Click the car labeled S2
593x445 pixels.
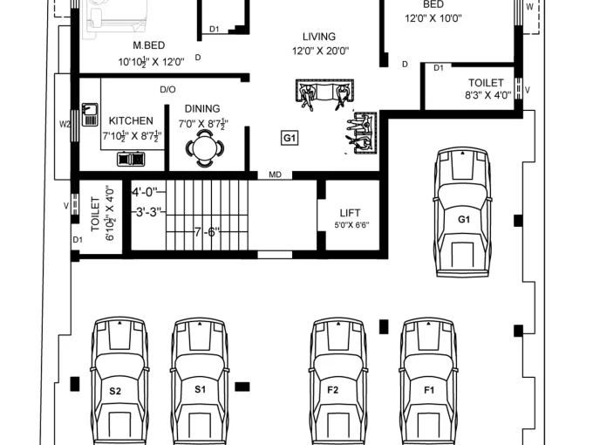(119, 381)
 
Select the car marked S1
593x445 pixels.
(200, 381)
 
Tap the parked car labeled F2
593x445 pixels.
(338, 381)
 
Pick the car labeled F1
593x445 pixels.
(428, 381)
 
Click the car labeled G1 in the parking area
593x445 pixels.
(463, 213)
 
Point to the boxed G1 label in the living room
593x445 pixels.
(290, 138)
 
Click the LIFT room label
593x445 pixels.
(351, 213)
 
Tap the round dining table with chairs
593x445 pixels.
(205, 148)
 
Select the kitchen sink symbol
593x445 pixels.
(90, 114)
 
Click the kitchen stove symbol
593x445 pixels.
(131, 159)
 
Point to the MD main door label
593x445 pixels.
(275, 175)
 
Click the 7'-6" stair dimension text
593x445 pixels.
(207, 232)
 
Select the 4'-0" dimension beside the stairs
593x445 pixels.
(144, 192)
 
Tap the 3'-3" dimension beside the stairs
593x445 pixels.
(148, 212)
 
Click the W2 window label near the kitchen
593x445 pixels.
(65, 124)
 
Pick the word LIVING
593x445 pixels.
(319, 37)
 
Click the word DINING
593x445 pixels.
(202, 108)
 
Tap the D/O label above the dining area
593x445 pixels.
(167, 90)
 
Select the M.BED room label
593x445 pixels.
(149, 45)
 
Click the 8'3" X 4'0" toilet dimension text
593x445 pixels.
(487, 95)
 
